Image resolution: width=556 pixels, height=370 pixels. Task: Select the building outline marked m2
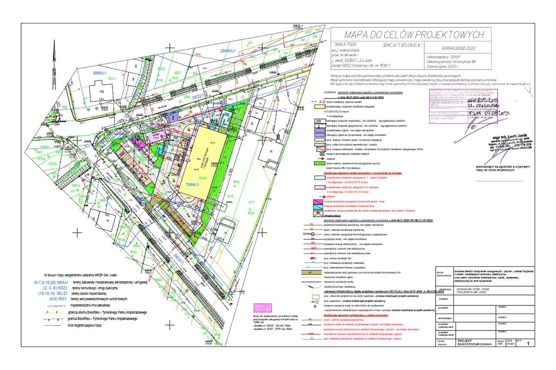[102, 92]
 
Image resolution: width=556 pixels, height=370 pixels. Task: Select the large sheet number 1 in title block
[528, 344]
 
